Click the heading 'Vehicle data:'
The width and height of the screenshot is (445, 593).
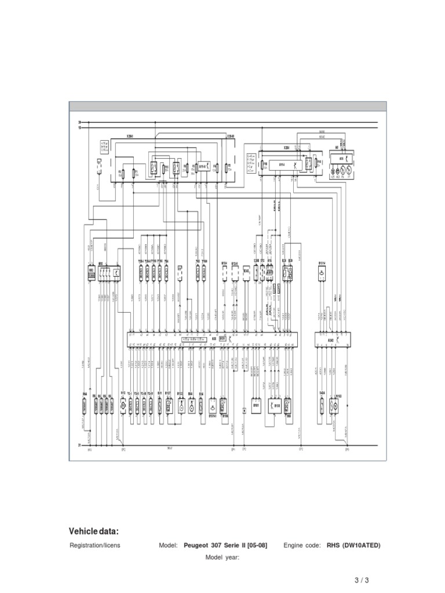point(94,532)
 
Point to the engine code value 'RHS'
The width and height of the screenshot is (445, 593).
point(333,546)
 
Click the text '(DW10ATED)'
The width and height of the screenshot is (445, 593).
point(362,546)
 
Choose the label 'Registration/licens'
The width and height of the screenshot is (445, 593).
point(95,546)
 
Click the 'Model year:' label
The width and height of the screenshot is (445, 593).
point(222,557)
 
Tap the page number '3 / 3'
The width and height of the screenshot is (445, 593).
point(361,580)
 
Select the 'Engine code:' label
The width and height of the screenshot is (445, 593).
point(301,546)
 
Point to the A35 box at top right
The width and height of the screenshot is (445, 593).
point(341,158)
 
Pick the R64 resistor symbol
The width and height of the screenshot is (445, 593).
point(85,408)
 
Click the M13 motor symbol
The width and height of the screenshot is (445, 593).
point(123,408)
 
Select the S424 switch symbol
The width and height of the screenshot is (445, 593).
point(322,408)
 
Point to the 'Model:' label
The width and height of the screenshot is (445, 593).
point(168,546)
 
